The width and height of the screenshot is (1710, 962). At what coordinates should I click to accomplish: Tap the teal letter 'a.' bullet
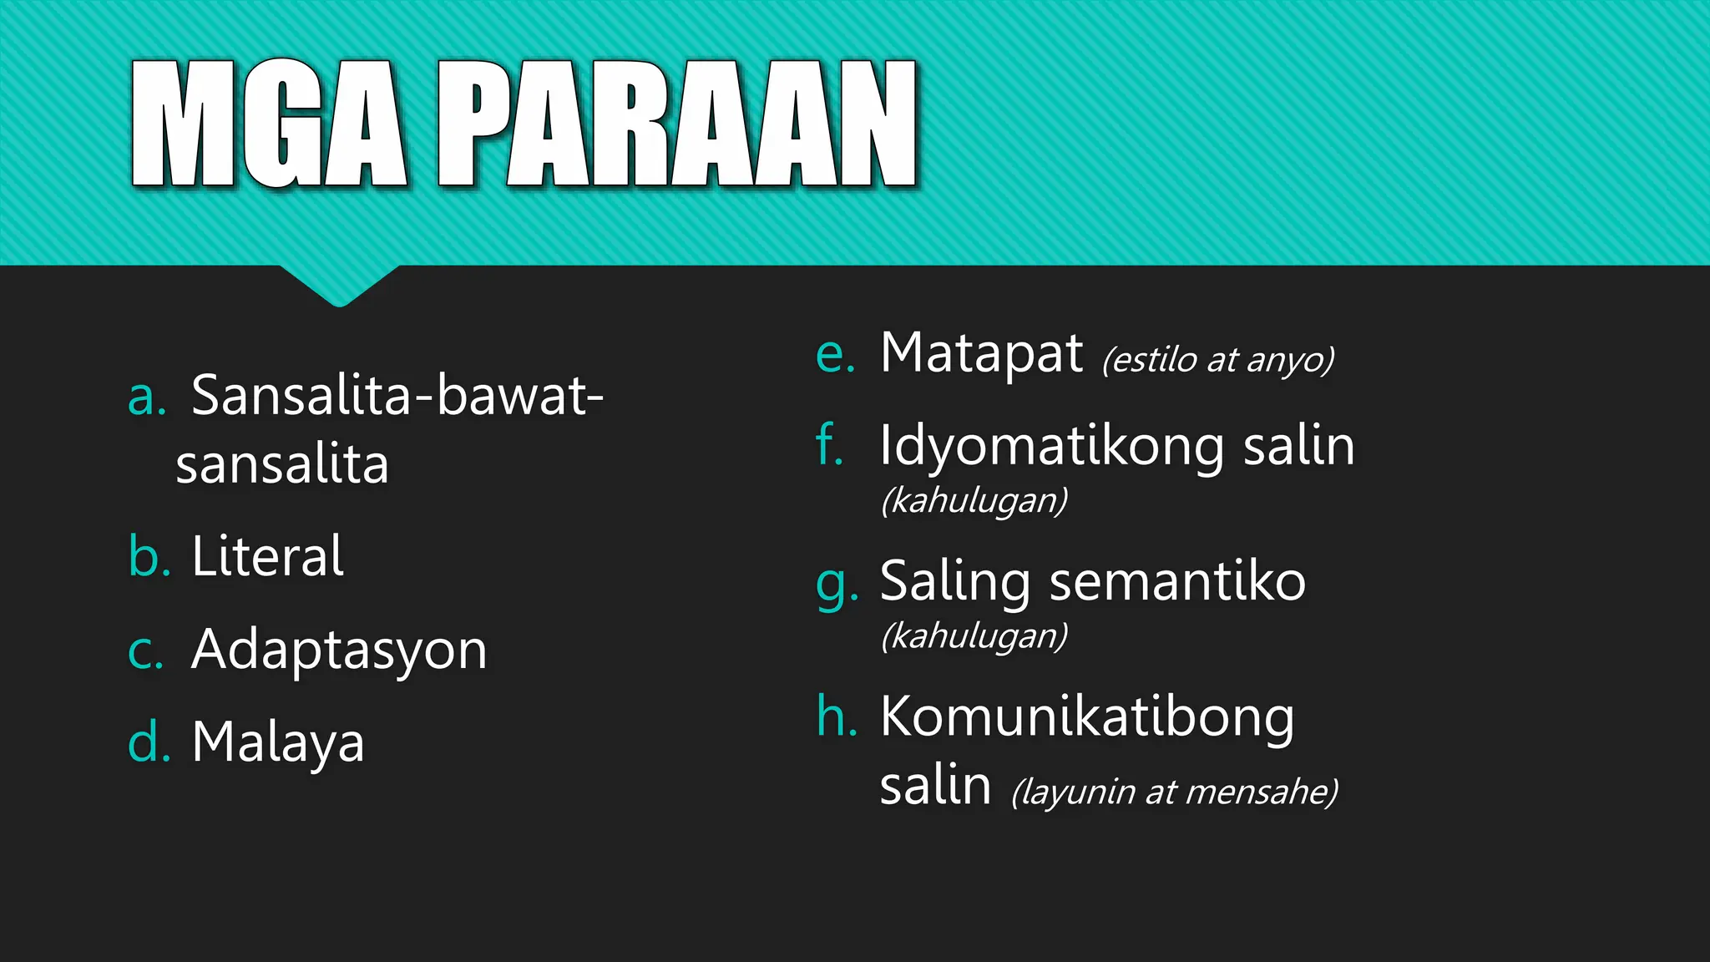(147, 397)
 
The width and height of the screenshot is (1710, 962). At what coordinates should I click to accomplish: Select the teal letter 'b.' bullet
(149, 556)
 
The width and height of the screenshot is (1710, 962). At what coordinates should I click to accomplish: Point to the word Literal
(267, 556)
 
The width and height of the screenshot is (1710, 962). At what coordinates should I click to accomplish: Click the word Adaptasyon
(339, 650)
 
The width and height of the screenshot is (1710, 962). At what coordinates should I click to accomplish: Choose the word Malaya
(278, 742)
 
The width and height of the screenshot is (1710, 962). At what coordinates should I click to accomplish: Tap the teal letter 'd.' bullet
(149, 742)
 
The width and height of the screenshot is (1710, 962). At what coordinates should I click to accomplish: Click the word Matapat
(981, 354)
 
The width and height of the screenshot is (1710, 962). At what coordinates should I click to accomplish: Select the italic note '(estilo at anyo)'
(1217, 361)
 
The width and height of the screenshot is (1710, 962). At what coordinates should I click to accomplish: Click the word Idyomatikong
(1051, 446)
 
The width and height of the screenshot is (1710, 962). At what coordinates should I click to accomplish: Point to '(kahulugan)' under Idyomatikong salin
(974, 501)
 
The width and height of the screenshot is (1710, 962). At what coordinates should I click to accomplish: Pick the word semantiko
(1177, 582)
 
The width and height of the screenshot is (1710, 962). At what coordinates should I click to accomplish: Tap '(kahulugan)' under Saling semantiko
(974, 636)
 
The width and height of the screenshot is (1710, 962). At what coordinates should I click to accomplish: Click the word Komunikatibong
(1087, 717)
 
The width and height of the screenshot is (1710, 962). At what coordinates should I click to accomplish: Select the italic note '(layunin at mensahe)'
(1174, 792)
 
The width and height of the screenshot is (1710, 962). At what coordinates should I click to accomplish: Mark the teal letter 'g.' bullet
(836, 584)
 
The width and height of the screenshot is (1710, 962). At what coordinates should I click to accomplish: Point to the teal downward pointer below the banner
(339, 286)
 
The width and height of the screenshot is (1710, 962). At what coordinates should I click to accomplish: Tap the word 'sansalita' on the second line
(282, 465)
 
